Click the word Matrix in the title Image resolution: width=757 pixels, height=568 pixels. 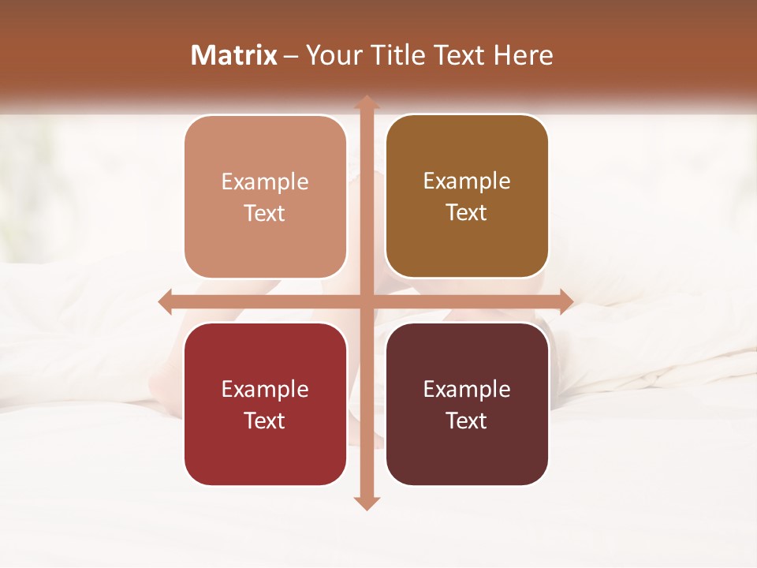coord(234,55)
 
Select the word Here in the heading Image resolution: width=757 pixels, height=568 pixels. coord(523,55)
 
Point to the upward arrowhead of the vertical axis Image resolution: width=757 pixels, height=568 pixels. coord(366,102)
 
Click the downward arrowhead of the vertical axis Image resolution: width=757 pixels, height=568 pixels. coord(366,503)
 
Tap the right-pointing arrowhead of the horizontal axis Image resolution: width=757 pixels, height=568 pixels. coord(566,301)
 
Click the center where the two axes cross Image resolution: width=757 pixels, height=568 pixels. coord(366,301)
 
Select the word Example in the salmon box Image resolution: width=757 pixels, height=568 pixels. coord(265,181)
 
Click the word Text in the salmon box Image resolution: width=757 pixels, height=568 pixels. coord(265,213)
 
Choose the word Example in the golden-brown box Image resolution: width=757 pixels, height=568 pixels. coord(467,181)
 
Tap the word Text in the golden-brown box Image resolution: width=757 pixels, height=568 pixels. coord(467,212)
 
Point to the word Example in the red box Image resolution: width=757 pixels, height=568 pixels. coord(265,389)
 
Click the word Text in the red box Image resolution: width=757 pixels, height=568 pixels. coord(265,420)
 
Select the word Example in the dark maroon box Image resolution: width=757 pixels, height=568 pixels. coord(467,389)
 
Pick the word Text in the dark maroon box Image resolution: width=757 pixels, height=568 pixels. coord(467,420)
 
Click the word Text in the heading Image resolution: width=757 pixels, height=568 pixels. coord(461,55)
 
